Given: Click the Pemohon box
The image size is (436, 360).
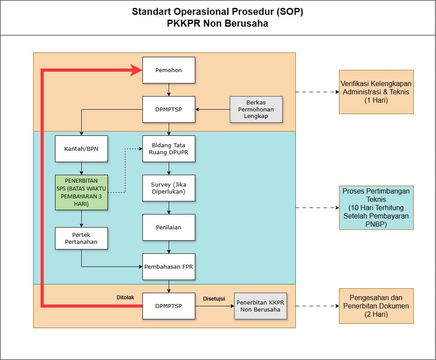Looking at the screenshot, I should coord(169,70).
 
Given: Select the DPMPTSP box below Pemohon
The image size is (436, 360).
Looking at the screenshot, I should coord(169,109).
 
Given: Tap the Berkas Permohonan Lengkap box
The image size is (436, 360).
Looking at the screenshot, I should coord(256,109).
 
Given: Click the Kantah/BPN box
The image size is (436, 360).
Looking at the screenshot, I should coord(81,149).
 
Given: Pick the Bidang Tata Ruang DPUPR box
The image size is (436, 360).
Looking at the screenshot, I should coord(169,149).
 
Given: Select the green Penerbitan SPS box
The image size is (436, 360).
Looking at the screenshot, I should coord(81,192).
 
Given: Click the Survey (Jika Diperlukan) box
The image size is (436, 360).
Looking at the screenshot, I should coord(169,188).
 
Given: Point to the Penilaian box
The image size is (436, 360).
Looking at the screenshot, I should coord(169,227).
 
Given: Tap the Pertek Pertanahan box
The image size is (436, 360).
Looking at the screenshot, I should coord(81,238).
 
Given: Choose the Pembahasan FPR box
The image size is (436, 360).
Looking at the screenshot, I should coord(169,267).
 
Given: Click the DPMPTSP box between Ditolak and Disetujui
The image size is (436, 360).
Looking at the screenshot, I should coord(169,306).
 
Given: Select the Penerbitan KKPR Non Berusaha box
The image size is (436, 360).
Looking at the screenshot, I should coord(260,306).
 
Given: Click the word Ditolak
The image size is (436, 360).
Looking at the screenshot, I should coord(125,298).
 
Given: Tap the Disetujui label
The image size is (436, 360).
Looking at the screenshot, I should coord(214,299).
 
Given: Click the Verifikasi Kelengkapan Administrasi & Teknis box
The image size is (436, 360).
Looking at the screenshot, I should coord(376,92).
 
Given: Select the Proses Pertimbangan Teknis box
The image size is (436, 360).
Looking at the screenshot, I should coord(376,208).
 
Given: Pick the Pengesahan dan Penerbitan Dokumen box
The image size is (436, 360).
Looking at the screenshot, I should coord(376,306).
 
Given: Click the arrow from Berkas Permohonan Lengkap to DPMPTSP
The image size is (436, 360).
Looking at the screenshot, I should coord(212,109).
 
